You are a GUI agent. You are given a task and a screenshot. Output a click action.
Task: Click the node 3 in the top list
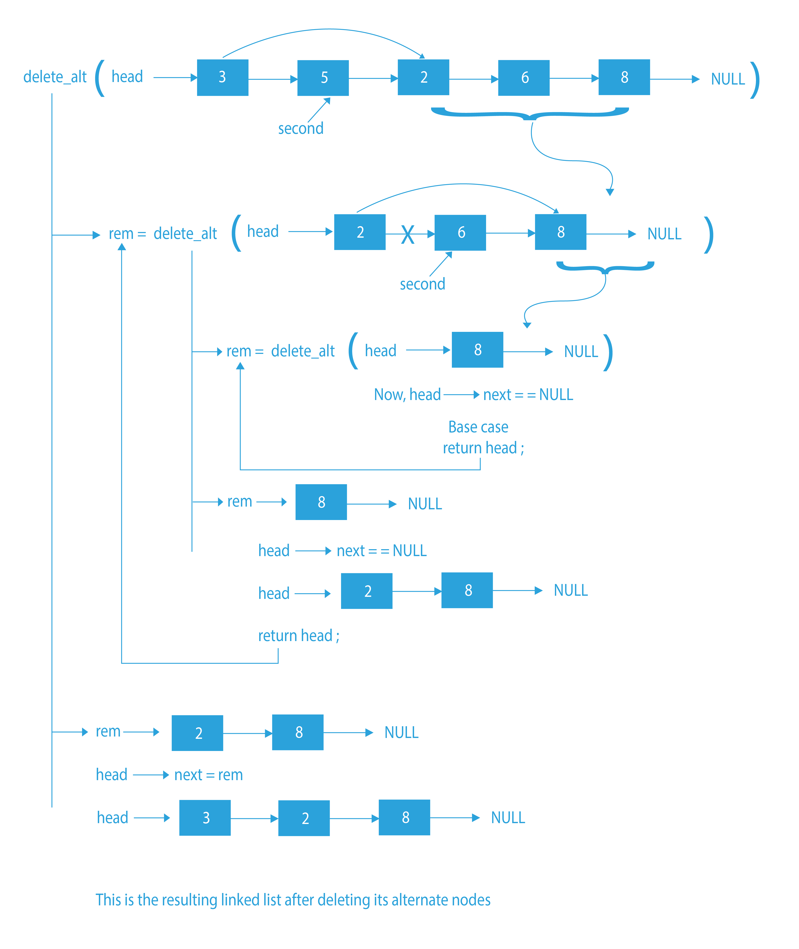tap(222, 77)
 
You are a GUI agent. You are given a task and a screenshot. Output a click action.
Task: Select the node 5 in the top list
tap(323, 78)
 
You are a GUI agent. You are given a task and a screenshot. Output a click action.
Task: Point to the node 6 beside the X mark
tap(460, 233)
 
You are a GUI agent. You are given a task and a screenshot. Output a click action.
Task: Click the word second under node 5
tap(301, 129)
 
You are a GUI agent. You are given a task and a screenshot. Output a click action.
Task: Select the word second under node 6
tap(422, 284)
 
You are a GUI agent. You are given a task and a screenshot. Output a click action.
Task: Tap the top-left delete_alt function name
tap(55, 77)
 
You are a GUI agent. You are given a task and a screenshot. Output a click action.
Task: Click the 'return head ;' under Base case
tap(483, 448)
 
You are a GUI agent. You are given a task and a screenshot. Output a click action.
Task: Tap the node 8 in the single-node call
tap(477, 349)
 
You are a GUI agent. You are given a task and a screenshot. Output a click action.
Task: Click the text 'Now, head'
tap(407, 394)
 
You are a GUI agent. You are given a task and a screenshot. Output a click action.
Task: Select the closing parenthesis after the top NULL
tap(754, 80)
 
